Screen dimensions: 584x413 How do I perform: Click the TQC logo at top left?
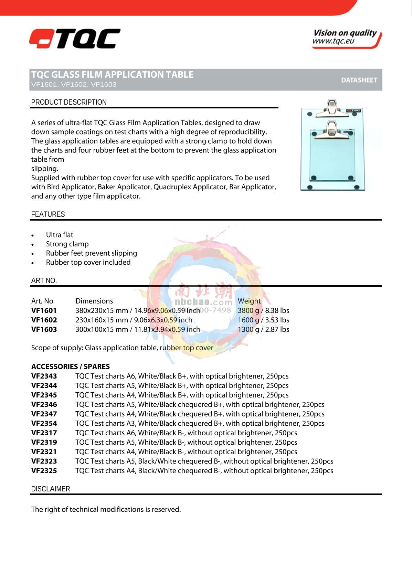coord(75,39)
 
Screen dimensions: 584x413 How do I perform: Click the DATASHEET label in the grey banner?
coord(359,80)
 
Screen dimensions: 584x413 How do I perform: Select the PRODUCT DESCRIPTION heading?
coord(69,102)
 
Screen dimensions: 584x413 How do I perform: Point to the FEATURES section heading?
coord(48,214)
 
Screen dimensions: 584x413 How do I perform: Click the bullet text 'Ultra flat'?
coord(60,235)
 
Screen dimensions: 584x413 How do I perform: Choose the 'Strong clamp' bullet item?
coord(67,244)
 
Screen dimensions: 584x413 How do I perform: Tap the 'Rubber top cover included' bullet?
coord(88,262)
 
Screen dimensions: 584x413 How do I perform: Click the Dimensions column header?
coord(94,301)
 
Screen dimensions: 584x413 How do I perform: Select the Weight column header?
coord(249,301)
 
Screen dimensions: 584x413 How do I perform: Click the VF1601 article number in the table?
coord(44,310)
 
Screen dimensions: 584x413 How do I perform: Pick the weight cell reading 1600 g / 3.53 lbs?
coord(263,320)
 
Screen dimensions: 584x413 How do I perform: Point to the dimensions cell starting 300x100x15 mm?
coord(137,329)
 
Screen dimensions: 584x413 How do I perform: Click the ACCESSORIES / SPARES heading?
coord(70,367)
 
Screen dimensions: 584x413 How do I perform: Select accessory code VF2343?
coord(44,376)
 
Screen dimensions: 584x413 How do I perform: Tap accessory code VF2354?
coord(44,423)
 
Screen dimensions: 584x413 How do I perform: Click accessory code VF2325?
coord(44,470)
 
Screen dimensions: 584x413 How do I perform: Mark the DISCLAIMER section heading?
coord(50,489)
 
